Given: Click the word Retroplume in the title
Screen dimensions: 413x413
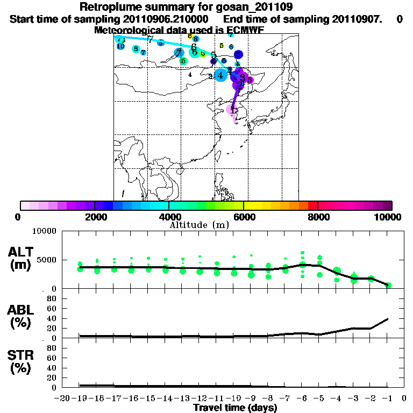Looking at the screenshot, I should pyautogui.click(x=110, y=7).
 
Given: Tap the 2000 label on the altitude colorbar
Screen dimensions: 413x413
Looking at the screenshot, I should pyautogui.click(x=95, y=217).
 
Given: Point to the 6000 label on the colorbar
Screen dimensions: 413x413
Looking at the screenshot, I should pyautogui.click(x=244, y=217).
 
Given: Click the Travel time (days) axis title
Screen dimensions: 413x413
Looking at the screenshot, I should pyautogui.click(x=235, y=408).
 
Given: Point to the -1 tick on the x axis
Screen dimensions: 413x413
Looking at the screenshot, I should pyautogui.click(x=388, y=398).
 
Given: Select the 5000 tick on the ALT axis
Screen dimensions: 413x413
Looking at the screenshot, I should pyautogui.click(x=45, y=260).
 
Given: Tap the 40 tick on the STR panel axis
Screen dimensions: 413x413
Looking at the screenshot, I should pyautogui.click(x=53, y=368).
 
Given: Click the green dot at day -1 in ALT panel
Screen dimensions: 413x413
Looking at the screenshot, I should pyautogui.click(x=388, y=285).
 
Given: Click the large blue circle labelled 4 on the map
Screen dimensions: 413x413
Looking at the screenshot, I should pyautogui.click(x=220, y=75).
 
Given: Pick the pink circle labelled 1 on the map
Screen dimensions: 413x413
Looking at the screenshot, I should pyautogui.click(x=232, y=110).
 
